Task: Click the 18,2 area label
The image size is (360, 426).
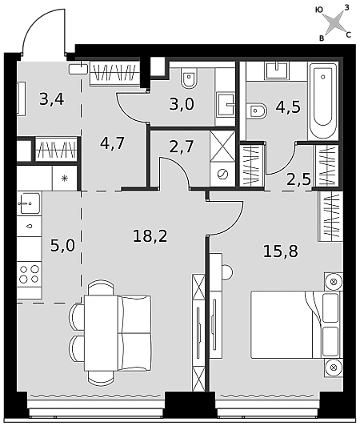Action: [x=150, y=235]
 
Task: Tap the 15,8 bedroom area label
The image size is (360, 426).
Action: [x=281, y=251]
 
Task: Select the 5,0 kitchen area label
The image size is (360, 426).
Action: [x=62, y=246]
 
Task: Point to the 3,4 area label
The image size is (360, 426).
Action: [x=51, y=99]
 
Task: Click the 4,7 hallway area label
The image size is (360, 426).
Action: [x=112, y=143]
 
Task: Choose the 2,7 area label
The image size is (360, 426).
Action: [x=182, y=147]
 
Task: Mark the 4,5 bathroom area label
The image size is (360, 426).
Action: [x=288, y=107]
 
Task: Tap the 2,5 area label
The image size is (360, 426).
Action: [x=298, y=179]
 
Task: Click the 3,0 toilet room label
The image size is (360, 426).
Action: [x=182, y=104]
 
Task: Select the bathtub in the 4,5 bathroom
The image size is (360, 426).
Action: [x=323, y=101]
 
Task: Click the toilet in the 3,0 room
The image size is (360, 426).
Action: [x=190, y=78]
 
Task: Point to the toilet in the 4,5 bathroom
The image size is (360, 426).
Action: [x=256, y=111]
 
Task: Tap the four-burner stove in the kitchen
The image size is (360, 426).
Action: [x=30, y=274]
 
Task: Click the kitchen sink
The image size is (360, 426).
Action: [x=30, y=203]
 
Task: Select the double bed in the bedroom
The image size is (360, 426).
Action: [x=296, y=324]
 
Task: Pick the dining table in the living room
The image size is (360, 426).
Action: [x=101, y=333]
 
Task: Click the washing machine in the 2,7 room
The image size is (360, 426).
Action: [x=222, y=174]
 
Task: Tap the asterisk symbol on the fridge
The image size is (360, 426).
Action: [x=65, y=179]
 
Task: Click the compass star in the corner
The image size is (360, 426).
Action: [x=334, y=22]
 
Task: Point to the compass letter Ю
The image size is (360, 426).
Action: [x=319, y=10]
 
